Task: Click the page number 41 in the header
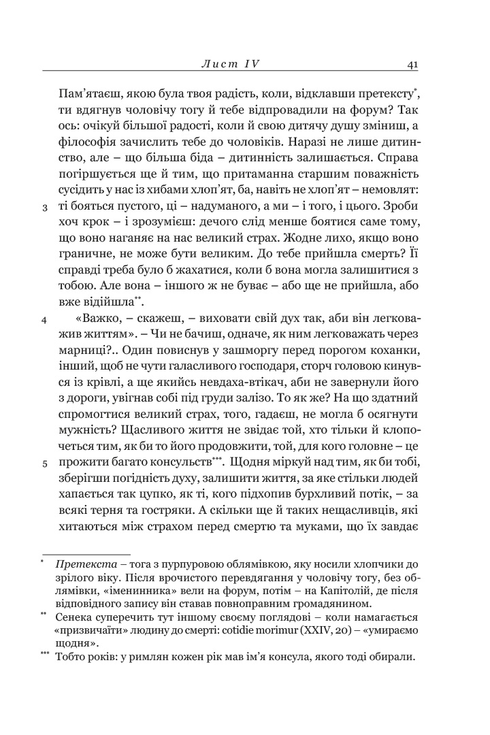click(x=412, y=64)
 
